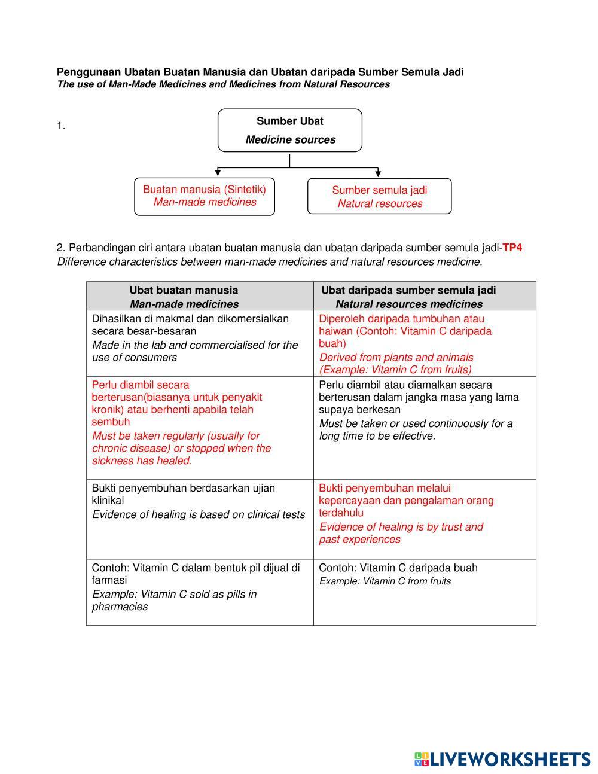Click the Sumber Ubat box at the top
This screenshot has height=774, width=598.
290,130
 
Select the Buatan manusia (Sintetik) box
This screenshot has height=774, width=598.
205,196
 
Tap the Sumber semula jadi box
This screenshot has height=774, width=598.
380,196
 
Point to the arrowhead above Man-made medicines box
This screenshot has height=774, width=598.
218,173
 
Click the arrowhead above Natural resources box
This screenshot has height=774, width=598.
378,173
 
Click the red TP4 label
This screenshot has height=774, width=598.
512,248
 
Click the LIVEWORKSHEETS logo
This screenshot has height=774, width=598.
502,759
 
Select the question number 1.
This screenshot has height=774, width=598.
61,126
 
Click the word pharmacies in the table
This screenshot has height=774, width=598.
120,607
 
